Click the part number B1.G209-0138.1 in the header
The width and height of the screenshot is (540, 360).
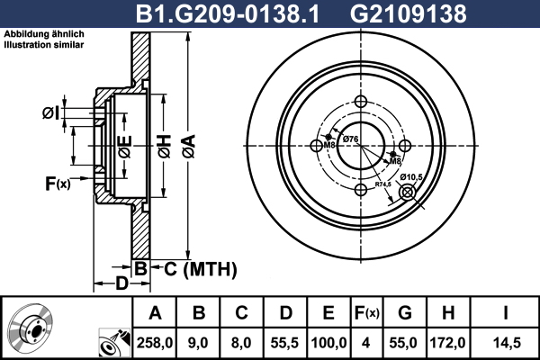coord(228,13)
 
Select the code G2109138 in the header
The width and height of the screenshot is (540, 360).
coord(409,13)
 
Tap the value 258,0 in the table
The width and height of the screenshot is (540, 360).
coord(155,343)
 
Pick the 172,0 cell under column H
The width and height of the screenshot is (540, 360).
coord(447,343)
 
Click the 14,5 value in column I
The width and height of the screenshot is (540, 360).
coord(507,343)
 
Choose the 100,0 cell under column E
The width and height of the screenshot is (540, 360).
coord(328,343)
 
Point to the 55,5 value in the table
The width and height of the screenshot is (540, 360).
coord(284,343)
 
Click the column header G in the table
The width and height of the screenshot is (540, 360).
coord(405,313)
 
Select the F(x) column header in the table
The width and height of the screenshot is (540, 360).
coord(366,313)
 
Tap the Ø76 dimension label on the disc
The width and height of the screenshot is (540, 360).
coord(351,139)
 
